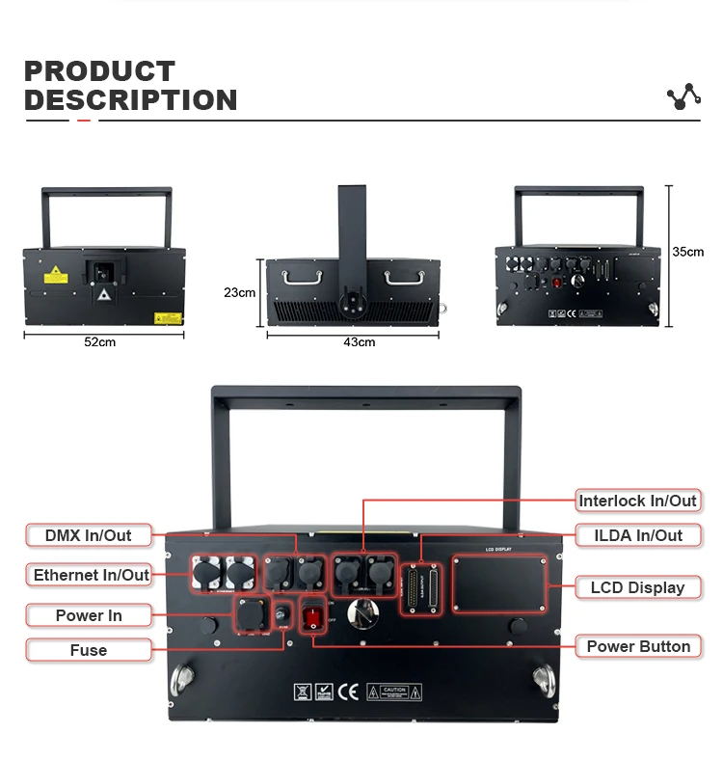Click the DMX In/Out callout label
tap(88, 535)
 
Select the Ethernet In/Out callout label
tap(91, 575)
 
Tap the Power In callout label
tap(89, 615)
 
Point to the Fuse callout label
tap(88, 650)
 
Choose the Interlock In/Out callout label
tap(637, 501)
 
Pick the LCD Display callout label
tap(636, 587)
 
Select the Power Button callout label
tap(638, 646)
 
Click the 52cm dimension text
tap(99, 342)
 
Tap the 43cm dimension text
tap(359, 342)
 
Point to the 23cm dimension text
tap(240, 292)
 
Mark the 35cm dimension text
tap(688, 252)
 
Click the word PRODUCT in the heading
tap(99, 71)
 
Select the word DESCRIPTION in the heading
tap(130, 99)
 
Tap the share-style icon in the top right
tap(684, 95)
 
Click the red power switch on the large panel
tap(312, 617)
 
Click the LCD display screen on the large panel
tap(498, 584)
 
